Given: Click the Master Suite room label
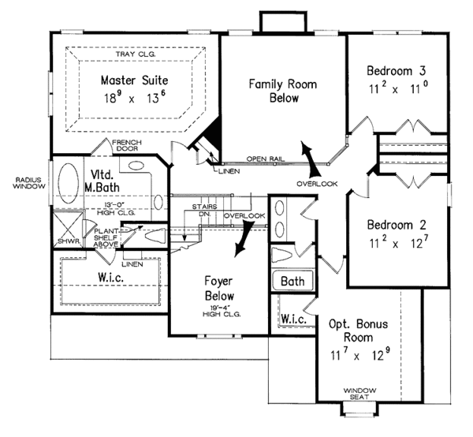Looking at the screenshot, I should click(133, 80).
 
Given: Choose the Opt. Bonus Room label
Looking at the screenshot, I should click(354, 331).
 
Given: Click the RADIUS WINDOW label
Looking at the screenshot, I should click(25, 183).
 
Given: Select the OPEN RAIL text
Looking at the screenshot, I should click(262, 158).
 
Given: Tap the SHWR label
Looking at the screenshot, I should click(62, 241).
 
